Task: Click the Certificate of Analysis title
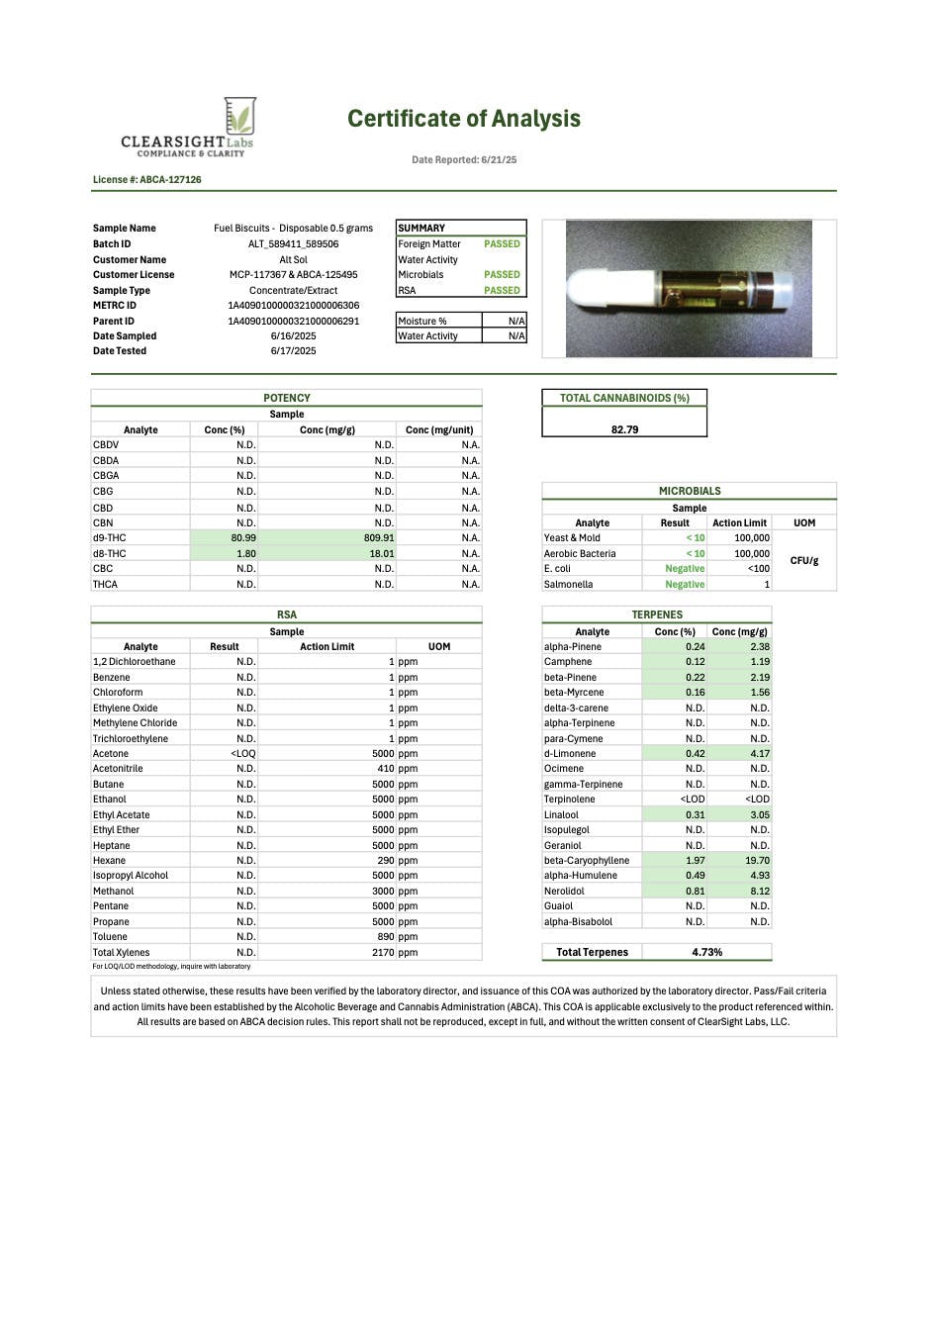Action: click(x=463, y=119)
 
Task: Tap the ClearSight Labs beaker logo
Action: click(x=239, y=116)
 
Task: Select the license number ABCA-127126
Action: click(x=147, y=180)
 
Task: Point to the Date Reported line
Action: click(x=464, y=159)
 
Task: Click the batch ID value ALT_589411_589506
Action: click(x=293, y=244)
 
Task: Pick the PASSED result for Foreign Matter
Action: click(x=502, y=244)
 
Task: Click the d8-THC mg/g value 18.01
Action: click(x=381, y=554)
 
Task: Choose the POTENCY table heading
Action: click(x=286, y=398)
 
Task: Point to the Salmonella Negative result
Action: click(x=685, y=585)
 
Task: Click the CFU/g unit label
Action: click(x=803, y=561)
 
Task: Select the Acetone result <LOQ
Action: click(x=242, y=754)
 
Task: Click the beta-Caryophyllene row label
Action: click(x=586, y=861)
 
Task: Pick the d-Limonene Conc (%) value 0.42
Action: click(x=695, y=754)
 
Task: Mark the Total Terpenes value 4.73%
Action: click(x=706, y=952)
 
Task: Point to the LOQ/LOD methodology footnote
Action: click(x=171, y=967)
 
